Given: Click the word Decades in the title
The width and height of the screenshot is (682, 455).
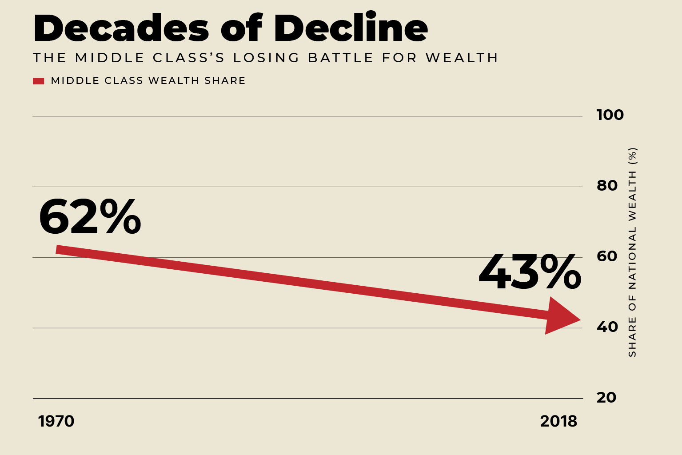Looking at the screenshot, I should pos(121,28).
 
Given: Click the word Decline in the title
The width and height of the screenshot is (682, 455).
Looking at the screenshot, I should pos(351,28).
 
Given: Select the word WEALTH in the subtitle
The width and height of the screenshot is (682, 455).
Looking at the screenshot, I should pos(462,58).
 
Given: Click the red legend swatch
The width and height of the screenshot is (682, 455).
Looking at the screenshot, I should pos(39,81).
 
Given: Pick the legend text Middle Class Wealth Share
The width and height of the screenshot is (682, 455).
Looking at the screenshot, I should pos(148,81).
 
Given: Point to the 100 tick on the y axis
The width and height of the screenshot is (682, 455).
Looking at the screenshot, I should pos(610,115).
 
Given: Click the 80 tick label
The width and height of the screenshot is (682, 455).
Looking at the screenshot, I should pos(607,185).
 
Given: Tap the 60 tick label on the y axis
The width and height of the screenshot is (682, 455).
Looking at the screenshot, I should pos(607,256).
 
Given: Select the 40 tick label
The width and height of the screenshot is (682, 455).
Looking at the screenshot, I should pos(607,327).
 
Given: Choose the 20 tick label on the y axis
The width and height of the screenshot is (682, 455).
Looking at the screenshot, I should pos(606,398).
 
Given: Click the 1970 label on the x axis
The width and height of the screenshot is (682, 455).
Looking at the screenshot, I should pos(56,421).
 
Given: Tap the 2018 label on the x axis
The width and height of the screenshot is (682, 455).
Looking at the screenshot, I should pos(558,421).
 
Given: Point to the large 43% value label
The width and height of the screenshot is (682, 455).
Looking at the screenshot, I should pos(530,273).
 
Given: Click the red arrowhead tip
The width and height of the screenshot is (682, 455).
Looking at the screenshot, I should pos(579,319).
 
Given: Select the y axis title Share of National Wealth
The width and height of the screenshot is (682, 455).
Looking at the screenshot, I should pos(632,252).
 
